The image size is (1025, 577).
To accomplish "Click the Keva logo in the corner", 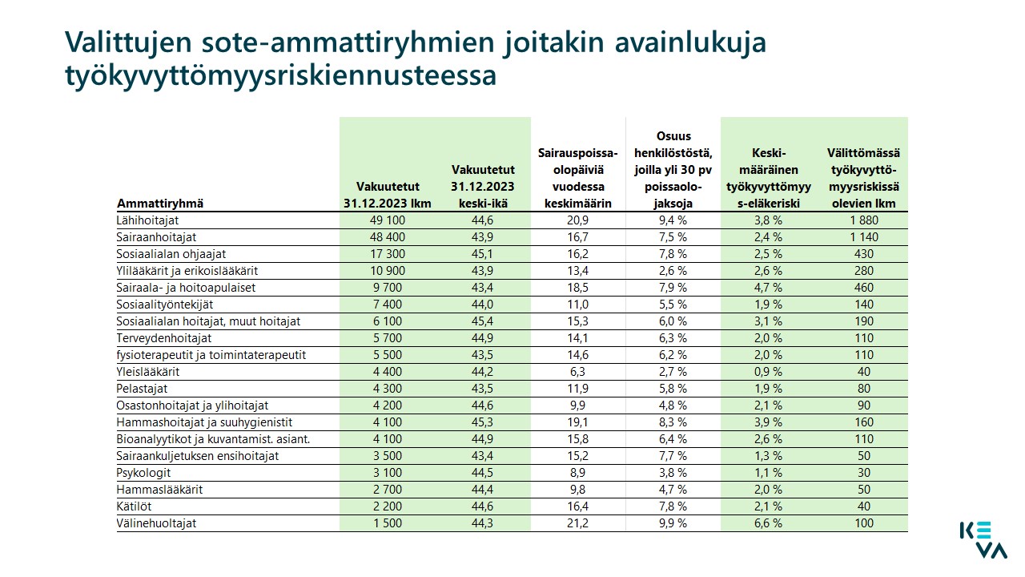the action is click(983, 540).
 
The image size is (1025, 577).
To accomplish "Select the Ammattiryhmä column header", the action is click(159, 204).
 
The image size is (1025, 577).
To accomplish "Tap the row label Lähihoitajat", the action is click(147, 220).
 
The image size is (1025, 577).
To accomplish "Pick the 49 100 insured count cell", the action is click(388, 220).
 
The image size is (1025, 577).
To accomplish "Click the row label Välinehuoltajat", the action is click(156, 523).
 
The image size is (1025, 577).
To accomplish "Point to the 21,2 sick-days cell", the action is click(577, 523).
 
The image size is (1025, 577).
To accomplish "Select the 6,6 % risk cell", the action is click(768, 523).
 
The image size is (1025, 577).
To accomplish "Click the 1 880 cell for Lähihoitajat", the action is click(864, 220).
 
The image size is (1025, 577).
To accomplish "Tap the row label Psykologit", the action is click(143, 473).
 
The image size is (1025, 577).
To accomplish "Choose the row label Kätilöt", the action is click(134, 506).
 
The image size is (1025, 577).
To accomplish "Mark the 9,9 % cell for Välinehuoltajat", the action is click(673, 523).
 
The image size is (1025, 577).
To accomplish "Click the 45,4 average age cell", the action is click(482, 321).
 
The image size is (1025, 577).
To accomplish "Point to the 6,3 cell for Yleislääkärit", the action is click(577, 371).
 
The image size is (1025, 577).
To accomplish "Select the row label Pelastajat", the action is click(142, 389).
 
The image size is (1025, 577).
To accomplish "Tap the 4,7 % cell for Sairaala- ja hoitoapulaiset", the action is click(768, 288).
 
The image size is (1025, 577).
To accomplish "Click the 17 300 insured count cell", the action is click(388, 254).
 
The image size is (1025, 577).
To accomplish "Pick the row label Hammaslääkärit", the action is click(159, 490).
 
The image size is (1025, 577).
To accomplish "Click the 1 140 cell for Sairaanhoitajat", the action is click(864, 237).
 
